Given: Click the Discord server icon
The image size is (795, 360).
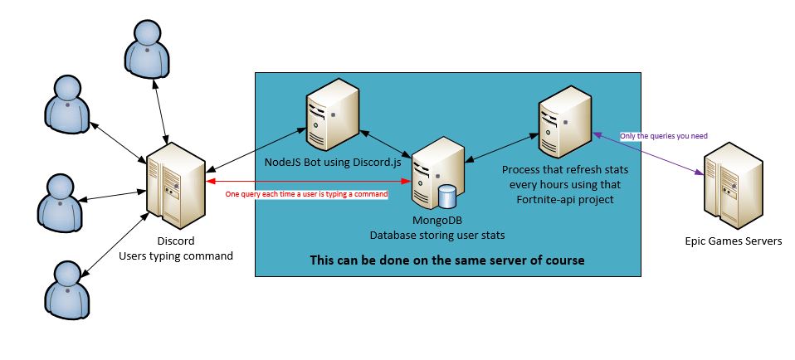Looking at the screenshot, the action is pyautogui.click(x=175, y=185).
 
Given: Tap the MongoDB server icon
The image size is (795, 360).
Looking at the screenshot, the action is pyautogui.click(x=437, y=173).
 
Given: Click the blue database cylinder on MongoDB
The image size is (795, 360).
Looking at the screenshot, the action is pyautogui.click(x=448, y=197).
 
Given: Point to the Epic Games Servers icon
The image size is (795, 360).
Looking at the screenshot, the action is pyautogui.click(x=733, y=185).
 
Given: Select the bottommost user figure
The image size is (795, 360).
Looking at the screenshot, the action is pyautogui.click(x=67, y=290).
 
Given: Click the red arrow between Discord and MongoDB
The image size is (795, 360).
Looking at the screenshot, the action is pyautogui.click(x=308, y=181).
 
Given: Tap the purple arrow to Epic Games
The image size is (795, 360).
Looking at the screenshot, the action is pyautogui.click(x=648, y=153).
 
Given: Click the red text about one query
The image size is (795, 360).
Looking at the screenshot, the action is pyautogui.click(x=307, y=194).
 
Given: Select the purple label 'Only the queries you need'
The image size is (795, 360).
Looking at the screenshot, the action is pyautogui.click(x=663, y=136).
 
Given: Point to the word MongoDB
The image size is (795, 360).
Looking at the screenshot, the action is pyautogui.click(x=437, y=221).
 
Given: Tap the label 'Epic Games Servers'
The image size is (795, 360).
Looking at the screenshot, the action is pyautogui.click(x=733, y=241).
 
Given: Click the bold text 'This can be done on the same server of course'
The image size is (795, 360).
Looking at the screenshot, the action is pyautogui.click(x=447, y=260).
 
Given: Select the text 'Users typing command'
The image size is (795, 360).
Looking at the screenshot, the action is pyautogui.click(x=176, y=256).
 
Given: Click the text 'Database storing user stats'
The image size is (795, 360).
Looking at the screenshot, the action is pyautogui.click(x=437, y=236).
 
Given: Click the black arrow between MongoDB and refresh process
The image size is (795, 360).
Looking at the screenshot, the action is pyautogui.click(x=502, y=148).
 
